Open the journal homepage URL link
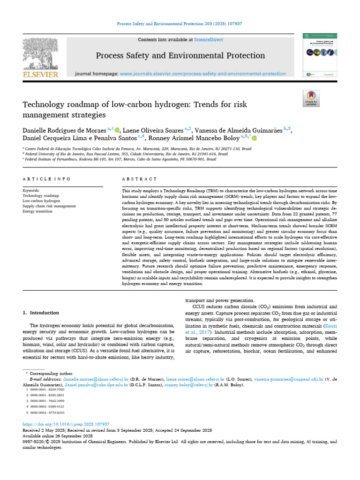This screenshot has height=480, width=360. pyautogui.click(x=202, y=74)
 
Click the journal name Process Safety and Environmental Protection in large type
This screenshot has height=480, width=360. pyautogui.click(x=180, y=56)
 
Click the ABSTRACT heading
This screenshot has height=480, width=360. pyautogui.click(x=139, y=179)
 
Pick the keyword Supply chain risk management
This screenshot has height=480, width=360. pyautogui.click(x=49, y=206)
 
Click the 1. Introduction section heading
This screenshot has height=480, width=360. pyautogui.click(x=41, y=313)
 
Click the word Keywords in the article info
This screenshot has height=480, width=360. pyautogui.click(x=31, y=191)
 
